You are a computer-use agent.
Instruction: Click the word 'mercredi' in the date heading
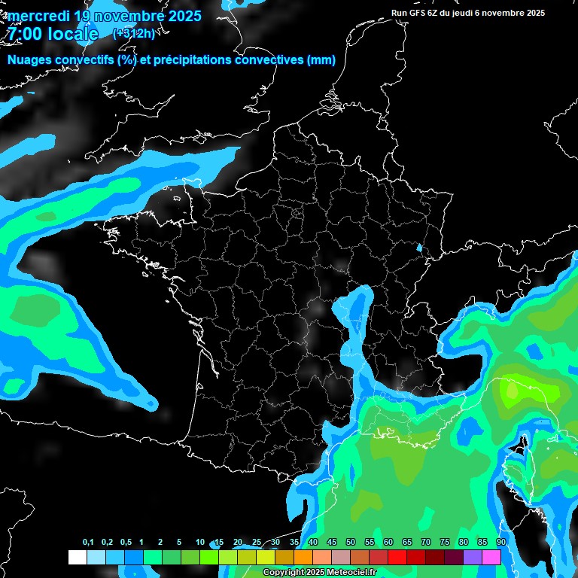coord(37,15)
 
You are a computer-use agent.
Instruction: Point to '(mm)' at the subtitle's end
coord(321,60)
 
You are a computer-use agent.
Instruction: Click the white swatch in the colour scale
coord(77,557)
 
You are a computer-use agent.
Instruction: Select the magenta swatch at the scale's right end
coord(491,557)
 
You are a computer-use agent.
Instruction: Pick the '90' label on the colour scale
coord(500,542)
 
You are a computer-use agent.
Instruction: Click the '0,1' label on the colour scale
coord(88,542)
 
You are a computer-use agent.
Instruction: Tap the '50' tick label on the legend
coord(351,542)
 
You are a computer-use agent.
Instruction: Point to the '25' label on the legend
coord(257,542)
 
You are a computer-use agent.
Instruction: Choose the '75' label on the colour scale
coord(444,542)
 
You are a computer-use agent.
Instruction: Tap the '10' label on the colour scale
coord(200,542)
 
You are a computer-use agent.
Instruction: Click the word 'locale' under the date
coord(74,34)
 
